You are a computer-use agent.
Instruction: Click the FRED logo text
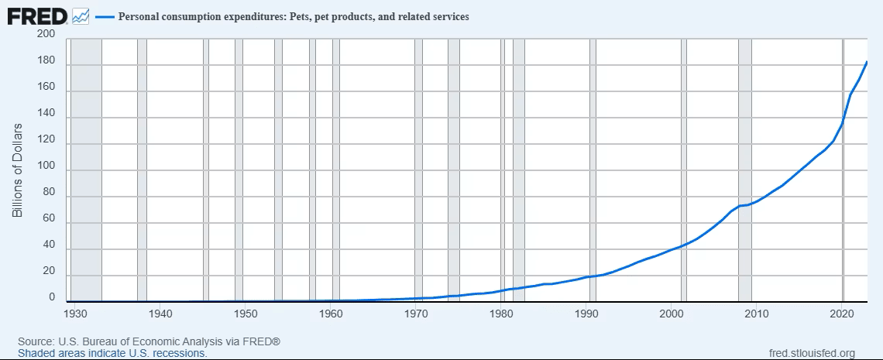tap(37, 16)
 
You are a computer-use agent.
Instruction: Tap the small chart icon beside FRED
tap(81, 16)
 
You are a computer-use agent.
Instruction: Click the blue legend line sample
tap(105, 17)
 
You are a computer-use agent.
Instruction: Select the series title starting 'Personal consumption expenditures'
tap(294, 17)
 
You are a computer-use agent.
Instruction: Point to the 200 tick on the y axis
tap(47, 34)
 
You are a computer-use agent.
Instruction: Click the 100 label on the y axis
tap(47, 170)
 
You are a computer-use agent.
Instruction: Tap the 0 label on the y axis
tap(53, 297)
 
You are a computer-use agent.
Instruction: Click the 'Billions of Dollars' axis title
tap(17, 170)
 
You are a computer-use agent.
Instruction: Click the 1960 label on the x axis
tap(332, 313)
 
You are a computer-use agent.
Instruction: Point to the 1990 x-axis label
tap(587, 313)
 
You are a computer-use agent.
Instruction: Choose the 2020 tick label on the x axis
tap(843, 313)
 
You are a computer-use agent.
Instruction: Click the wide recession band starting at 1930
tap(86, 170)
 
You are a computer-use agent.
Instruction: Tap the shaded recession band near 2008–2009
tap(745, 170)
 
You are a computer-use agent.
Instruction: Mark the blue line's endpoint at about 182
tap(867, 62)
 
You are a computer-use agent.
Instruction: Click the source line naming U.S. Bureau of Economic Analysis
tap(149, 342)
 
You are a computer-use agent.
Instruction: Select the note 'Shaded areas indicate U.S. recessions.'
tap(112, 353)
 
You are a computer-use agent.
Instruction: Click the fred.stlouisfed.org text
tap(812, 353)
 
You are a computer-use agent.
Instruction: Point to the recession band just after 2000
tap(684, 170)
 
